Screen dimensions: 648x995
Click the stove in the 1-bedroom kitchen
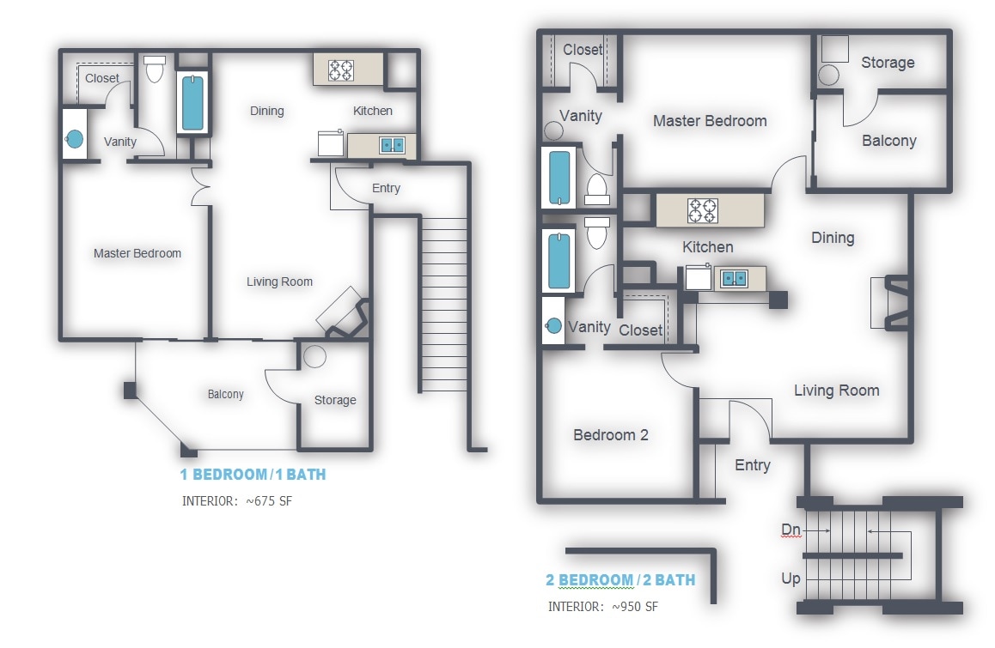(x=341, y=70)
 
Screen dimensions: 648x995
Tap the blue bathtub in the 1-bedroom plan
(x=193, y=103)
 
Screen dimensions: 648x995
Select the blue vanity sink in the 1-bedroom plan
(x=75, y=138)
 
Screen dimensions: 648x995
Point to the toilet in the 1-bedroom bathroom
(x=155, y=70)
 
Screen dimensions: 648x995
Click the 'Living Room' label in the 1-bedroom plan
(x=279, y=282)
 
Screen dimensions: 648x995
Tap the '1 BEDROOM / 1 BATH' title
(x=252, y=475)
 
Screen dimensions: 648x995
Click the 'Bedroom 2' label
(x=611, y=435)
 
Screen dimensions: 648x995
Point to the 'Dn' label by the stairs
(x=791, y=531)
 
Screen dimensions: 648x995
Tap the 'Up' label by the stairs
(x=791, y=578)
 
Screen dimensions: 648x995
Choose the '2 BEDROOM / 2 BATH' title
(x=620, y=580)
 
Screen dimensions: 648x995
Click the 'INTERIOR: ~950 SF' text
(x=603, y=607)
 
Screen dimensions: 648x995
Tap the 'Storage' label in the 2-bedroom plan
(x=888, y=63)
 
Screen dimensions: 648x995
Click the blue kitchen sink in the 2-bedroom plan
(x=733, y=278)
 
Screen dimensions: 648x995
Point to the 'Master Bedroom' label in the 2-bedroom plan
(x=710, y=121)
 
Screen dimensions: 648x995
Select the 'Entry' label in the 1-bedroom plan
(x=386, y=188)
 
